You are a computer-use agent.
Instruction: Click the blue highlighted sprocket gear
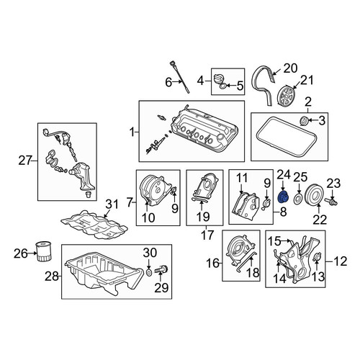(284, 197)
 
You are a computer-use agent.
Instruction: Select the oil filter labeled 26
(43, 251)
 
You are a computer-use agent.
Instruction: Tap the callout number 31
(112, 204)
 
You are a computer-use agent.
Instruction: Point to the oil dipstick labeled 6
(180, 77)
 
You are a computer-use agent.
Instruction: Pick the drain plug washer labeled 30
(149, 272)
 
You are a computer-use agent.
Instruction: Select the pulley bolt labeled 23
(331, 201)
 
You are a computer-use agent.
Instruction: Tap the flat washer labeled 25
(299, 199)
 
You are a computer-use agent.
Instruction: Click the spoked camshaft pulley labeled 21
(287, 96)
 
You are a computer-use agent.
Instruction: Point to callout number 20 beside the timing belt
(290, 68)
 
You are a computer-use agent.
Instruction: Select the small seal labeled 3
(304, 121)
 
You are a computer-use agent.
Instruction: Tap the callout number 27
(25, 161)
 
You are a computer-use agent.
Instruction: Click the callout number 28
(52, 276)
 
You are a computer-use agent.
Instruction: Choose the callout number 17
(207, 235)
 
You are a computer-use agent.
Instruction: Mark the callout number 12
(341, 261)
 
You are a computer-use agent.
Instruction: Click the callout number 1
(132, 132)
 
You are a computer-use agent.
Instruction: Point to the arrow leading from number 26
(32, 253)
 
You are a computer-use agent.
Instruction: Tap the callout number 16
(213, 264)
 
